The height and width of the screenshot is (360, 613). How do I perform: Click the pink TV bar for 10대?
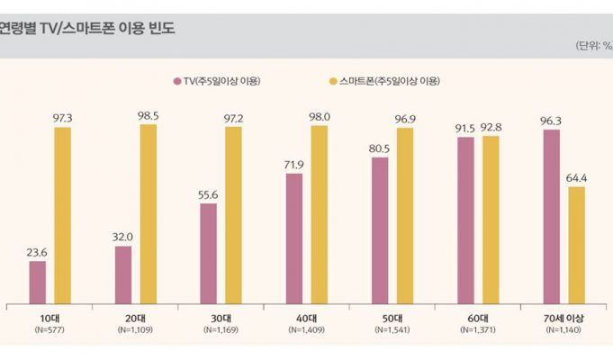click(x=37, y=282)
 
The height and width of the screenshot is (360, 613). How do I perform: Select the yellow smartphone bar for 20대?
click(x=148, y=214)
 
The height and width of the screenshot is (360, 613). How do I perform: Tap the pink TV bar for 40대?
click(x=293, y=238)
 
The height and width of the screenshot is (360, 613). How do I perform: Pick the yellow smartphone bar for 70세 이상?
click(x=576, y=245)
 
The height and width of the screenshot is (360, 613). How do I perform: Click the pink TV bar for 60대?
click(x=464, y=220)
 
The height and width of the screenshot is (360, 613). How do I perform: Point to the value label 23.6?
click(x=37, y=253)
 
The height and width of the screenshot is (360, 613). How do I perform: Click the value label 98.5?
click(x=148, y=116)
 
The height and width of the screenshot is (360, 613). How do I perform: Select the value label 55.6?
click(x=208, y=195)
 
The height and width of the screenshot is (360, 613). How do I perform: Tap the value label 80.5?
click(x=379, y=149)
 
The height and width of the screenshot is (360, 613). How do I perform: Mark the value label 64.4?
click(x=576, y=178)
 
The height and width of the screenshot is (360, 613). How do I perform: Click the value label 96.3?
click(x=550, y=121)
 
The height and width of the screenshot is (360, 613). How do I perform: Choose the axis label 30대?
click(x=221, y=319)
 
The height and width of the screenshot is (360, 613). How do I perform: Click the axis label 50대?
click(x=392, y=319)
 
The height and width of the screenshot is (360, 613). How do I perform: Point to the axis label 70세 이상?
click(x=563, y=319)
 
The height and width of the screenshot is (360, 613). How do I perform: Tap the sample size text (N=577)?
click(x=50, y=331)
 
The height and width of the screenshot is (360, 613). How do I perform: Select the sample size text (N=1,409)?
click(x=306, y=331)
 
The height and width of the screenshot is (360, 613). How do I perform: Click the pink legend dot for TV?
click(x=177, y=82)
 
